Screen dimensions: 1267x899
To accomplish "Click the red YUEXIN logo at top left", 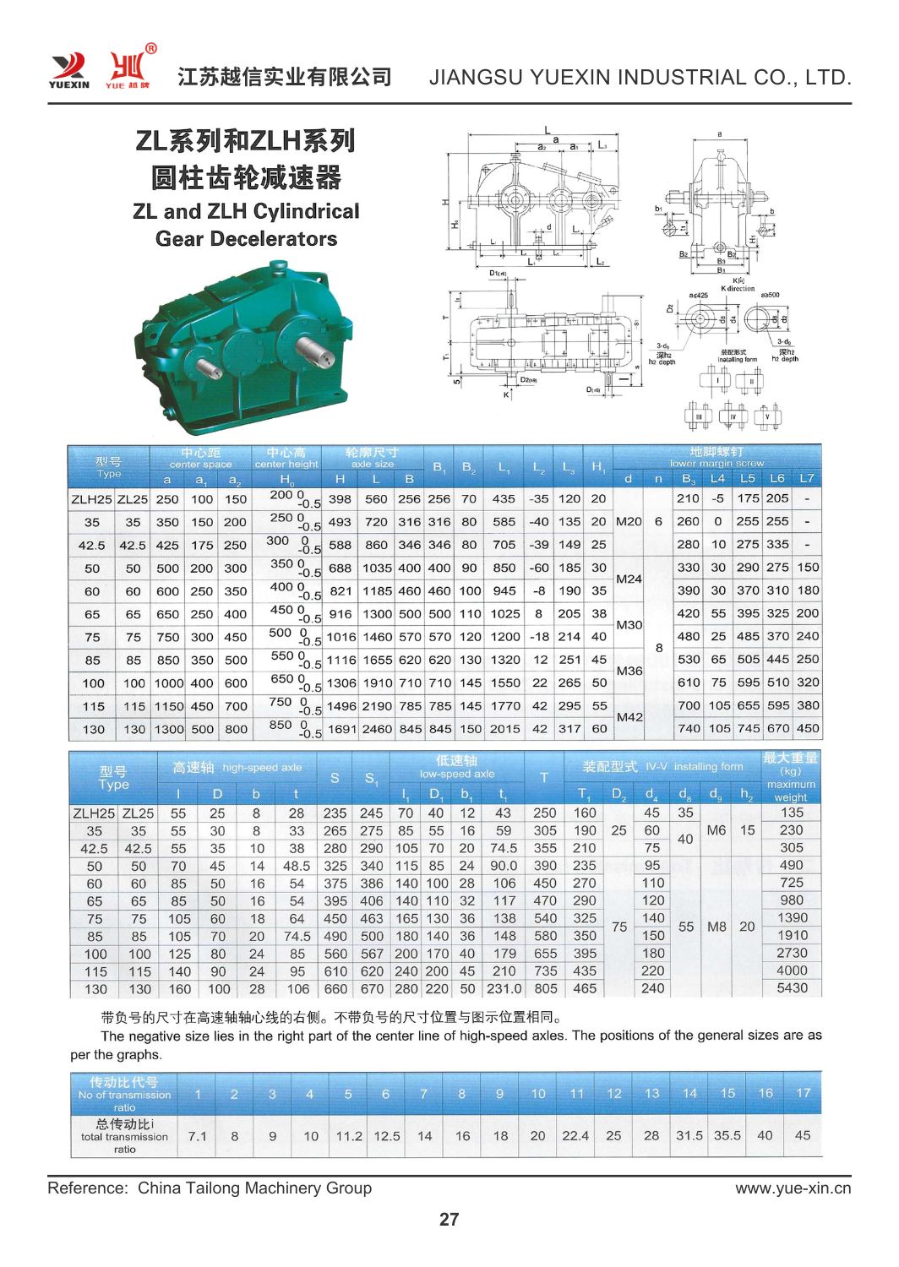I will pos(68,68).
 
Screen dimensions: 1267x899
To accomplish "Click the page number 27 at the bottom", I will pos(449,1219).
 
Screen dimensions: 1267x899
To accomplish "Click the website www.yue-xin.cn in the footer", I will pos(793,1188).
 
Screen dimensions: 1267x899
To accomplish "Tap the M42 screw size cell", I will pos(629,717).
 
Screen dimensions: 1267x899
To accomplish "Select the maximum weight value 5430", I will pos(792,987).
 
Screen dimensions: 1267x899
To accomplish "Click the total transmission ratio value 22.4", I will pos(575,1135).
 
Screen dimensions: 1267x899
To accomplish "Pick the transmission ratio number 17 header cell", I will pos(803,1093).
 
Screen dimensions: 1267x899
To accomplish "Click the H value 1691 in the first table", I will pos(341,729).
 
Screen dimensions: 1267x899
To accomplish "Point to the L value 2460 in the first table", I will pos(377,729).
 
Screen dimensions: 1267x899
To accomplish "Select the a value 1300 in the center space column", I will pos(168,729).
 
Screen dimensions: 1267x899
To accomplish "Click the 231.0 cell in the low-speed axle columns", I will pos(504,988).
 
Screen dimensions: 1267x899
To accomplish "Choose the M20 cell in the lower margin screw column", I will pos(629,521).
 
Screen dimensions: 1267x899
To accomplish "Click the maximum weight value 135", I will pos(792,813).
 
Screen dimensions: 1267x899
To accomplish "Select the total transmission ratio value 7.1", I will pos(197,1136).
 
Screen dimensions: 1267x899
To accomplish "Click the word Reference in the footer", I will pos(87,1188).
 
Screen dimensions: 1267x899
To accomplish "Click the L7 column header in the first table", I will pos(807,478).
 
